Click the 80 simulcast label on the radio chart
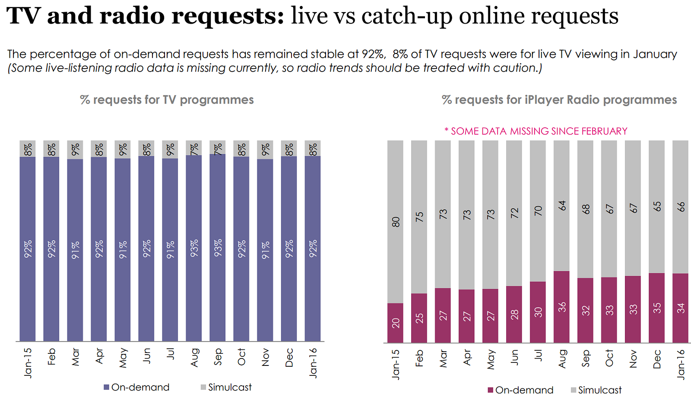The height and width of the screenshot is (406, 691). tap(396, 222)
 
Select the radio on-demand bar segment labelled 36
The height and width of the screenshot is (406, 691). tap(561, 307)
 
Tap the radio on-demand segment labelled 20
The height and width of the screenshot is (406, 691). tap(396, 323)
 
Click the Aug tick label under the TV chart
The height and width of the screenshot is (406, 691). tap(194, 357)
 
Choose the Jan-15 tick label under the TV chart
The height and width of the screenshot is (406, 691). tap(28, 363)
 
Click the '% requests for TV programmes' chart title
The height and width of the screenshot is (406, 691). tap(167, 100)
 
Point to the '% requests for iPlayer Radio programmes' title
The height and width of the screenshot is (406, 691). tap(559, 100)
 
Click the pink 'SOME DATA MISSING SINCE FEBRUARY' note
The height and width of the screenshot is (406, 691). tap(536, 131)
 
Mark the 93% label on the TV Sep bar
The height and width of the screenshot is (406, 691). tap(218, 248)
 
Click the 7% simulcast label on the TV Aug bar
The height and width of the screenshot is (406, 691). tap(194, 149)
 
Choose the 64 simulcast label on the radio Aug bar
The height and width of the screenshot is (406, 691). tap(561, 205)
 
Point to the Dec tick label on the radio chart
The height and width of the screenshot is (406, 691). tap(657, 359)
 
